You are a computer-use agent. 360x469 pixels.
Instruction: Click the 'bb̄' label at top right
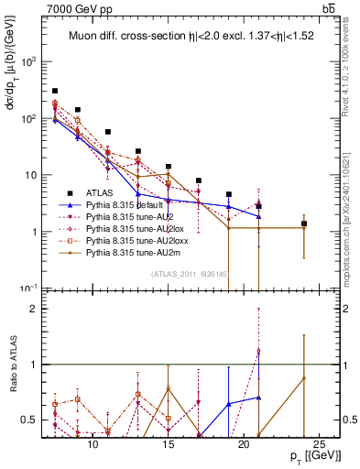[x=327, y=8]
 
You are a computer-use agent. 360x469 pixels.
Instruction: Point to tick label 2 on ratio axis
[x=37, y=309]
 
